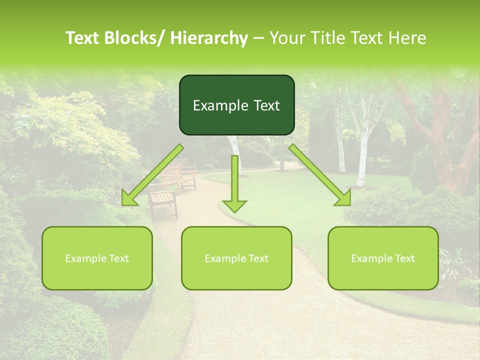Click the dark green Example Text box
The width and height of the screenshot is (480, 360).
tap(236, 105)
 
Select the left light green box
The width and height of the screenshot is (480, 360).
tap(97, 258)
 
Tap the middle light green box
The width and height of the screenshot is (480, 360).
tap(236, 258)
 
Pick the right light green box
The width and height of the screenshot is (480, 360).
tap(383, 258)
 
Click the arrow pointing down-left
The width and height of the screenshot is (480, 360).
tap(152, 175)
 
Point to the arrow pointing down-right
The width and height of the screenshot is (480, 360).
tap(320, 175)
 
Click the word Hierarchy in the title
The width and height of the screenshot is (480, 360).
tap(209, 38)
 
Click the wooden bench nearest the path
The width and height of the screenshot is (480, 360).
tap(163, 202)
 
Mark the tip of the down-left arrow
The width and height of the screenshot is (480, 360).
tap(123, 204)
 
